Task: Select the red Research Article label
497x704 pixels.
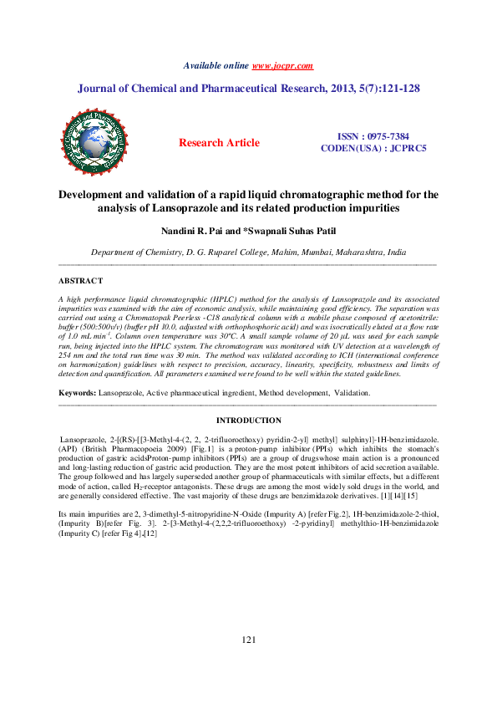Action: (219, 143)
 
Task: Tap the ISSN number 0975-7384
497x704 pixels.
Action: (386, 135)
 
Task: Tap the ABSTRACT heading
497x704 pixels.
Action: (81, 281)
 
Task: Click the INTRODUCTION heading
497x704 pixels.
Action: (248, 421)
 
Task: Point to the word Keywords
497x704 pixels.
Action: (77, 392)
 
